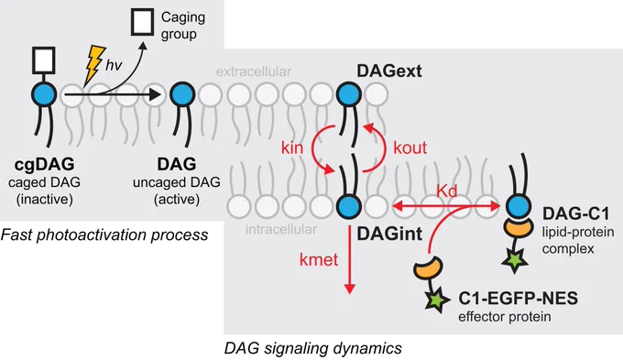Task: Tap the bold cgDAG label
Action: (45, 164)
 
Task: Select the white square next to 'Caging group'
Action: (143, 22)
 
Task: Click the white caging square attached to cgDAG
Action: (44, 60)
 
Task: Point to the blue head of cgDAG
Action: (44, 94)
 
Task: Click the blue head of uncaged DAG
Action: (182, 94)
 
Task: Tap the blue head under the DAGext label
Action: (349, 94)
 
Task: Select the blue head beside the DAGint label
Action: (349, 207)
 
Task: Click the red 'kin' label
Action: (292, 147)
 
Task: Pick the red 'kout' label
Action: (410, 147)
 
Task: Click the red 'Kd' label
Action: (446, 191)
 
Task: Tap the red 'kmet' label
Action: (319, 260)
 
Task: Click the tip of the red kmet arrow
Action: (350, 294)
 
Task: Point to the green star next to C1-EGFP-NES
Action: (437, 300)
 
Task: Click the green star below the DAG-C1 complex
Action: (515, 261)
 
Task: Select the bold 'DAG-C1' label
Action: (575, 213)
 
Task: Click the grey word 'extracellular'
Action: (254, 71)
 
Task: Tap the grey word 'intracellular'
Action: (281, 229)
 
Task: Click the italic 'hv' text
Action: (114, 65)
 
